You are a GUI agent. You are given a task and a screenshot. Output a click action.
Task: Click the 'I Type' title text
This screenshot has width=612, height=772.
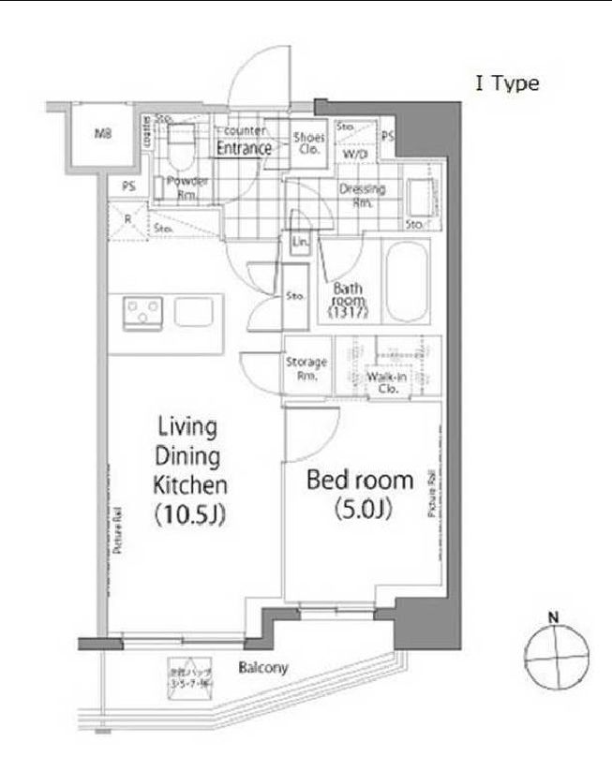507,84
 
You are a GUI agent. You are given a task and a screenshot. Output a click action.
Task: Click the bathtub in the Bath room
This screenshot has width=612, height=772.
406,279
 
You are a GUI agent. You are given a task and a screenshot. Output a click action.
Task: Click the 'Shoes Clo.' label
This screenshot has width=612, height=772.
308,143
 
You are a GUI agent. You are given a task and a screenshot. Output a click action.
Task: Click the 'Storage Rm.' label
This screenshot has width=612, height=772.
306,368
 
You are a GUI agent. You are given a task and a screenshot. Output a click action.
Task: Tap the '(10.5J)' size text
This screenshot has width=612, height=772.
190,515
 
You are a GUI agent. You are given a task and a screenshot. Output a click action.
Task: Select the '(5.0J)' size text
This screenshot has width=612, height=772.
361,510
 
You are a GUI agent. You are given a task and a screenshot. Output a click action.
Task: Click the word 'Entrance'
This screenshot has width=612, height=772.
245,148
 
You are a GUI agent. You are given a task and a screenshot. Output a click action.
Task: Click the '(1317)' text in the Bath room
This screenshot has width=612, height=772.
348,313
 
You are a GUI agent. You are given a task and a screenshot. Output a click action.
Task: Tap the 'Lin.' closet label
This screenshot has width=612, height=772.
300,242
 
